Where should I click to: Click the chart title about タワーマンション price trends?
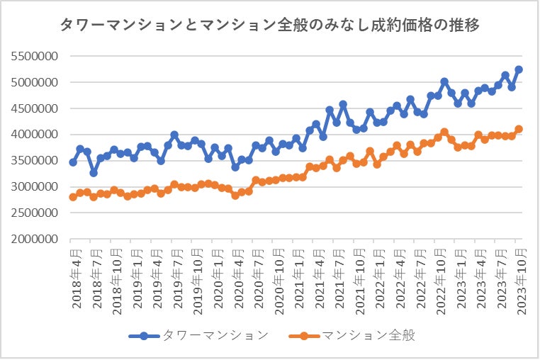pyautogui.click(x=270, y=26)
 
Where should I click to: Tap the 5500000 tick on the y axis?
pyautogui.click(x=34, y=56)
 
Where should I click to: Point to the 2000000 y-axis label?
pyautogui.click(x=34, y=240)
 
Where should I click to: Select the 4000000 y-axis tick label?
pyautogui.click(x=34, y=135)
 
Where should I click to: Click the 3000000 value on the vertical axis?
pyautogui.click(x=34, y=187)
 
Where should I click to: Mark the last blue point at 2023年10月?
pyautogui.click(x=519, y=69)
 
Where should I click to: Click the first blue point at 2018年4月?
pyautogui.click(x=73, y=162)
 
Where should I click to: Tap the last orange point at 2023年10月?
pyautogui.click(x=519, y=129)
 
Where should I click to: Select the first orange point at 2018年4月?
pyautogui.click(x=73, y=197)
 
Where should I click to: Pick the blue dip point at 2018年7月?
pyautogui.click(x=94, y=173)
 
